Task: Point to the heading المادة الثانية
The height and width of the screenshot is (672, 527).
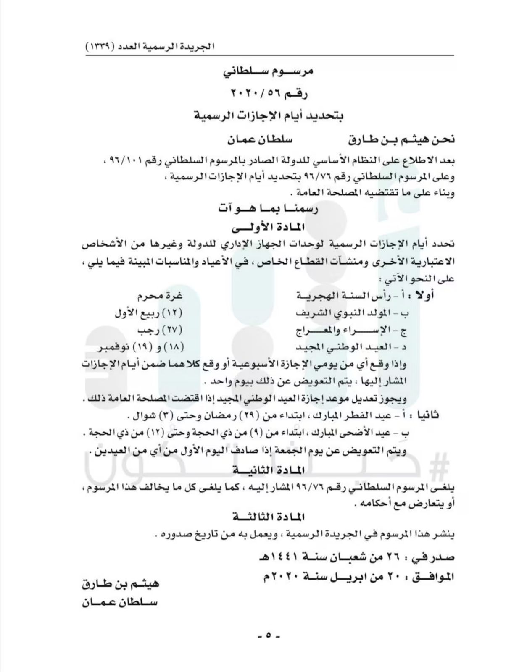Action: (x=268, y=470)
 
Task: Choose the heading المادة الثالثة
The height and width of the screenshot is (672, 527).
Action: (x=268, y=516)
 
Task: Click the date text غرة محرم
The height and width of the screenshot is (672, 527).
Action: (x=159, y=295)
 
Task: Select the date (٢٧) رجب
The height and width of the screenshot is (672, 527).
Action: (x=160, y=331)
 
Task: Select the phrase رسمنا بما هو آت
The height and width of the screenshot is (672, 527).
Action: (x=268, y=209)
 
